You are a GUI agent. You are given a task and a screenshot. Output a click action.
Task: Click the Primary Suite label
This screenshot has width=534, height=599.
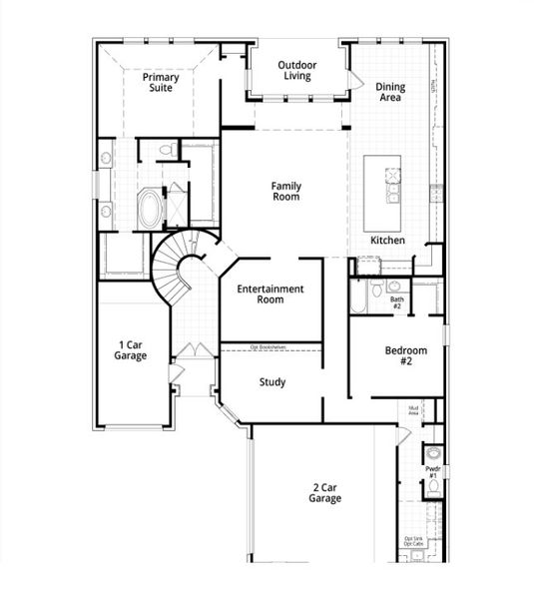tap(159, 82)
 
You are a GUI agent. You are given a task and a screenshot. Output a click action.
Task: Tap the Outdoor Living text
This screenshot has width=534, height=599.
tap(297, 69)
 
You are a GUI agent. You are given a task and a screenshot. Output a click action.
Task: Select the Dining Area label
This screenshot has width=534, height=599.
tap(390, 93)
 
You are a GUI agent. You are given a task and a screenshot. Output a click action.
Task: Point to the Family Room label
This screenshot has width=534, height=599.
tap(286, 191)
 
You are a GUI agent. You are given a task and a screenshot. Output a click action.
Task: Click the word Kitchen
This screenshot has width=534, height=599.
tap(387, 241)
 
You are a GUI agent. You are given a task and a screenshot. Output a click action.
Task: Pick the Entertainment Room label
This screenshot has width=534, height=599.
tap(269, 294)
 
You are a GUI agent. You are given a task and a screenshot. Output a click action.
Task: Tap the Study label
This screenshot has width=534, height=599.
tap(272, 381)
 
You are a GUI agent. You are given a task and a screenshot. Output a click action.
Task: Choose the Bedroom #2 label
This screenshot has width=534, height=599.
tap(406, 355)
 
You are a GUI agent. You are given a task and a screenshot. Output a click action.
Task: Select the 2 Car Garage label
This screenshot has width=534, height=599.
tap(324, 492)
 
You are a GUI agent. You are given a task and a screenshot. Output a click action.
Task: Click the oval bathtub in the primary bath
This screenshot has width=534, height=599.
tap(148, 209)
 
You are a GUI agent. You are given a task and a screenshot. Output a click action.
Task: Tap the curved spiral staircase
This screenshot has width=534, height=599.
tap(175, 265)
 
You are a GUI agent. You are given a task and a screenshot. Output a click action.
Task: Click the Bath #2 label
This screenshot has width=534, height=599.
tap(396, 301)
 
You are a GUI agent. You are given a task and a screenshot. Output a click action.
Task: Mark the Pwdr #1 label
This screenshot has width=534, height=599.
tap(432, 471)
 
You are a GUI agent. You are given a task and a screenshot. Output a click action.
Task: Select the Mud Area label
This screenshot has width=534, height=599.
tap(412, 409)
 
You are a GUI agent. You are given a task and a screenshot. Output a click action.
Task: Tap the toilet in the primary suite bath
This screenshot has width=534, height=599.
tap(169, 150)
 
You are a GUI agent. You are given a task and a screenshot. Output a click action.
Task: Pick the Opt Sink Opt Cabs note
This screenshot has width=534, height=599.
tap(413, 541)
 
